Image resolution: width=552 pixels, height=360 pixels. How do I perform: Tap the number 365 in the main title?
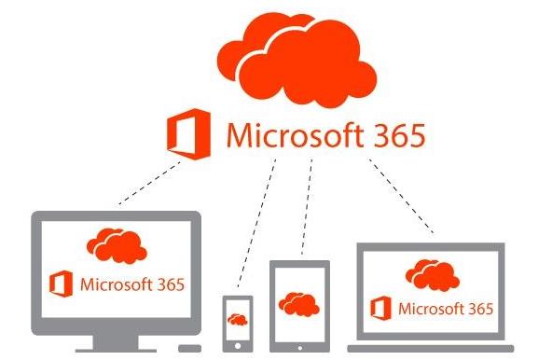point(393,136)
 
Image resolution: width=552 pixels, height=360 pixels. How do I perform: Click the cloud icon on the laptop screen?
point(430,271)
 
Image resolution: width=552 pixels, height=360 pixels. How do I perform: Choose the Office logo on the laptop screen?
point(379,308)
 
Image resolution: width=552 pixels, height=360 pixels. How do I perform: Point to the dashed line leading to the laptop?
point(402,196)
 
